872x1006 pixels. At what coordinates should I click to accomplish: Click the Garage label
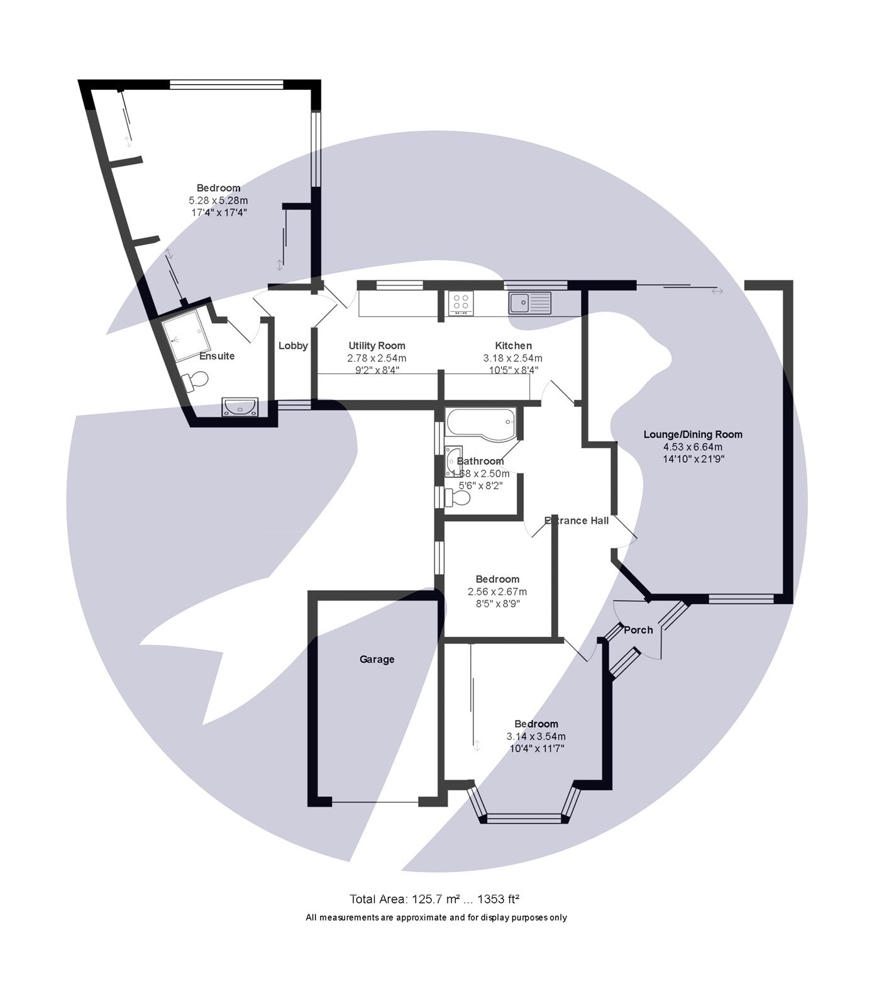pyautogui.click(x=377, y=659)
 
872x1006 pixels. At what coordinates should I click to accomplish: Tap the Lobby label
pyautogui.click(x=293, y=345)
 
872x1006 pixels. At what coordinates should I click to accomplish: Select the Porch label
pyautogui.click(x=638, y=629)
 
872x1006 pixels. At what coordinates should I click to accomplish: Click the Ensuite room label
pyautogui.click(x=217, y=356)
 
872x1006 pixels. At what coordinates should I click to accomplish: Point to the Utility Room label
pyautogui.click(x=377, y=345)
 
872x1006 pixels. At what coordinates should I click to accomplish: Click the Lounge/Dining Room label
pyautogui.click(x=693, y=434)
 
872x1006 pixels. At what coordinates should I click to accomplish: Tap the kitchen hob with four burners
pyautogui.click(x=461, y=303)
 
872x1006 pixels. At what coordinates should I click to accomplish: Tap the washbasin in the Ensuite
pyautogui.click(x=240, y=407)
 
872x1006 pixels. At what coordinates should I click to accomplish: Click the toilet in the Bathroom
pyautogui.click(x=458, y=498)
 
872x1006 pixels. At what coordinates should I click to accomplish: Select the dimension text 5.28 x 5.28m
pyautogui.click(x=218, y=200)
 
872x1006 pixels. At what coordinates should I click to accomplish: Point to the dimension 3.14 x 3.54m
pyautogui.click(x=536, y=736)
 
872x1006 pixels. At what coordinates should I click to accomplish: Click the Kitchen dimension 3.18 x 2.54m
pyautogui.click(x=512, y=358)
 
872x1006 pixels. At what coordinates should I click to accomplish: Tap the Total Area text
pyautogui.click(x=434, y=898)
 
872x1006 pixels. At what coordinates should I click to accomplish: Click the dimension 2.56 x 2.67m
pyautogui.click(x=497, y=592)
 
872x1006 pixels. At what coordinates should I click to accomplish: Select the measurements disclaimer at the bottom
pyautogui.click(x=436, y=917)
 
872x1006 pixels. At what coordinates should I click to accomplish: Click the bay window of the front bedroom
pyautogui.click(x=524, y=817)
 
